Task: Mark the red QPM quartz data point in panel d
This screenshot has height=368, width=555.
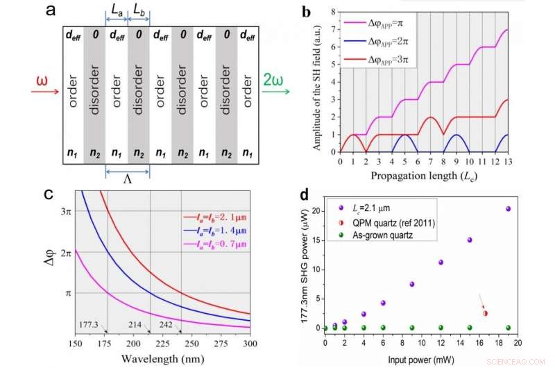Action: (x=485, y=313)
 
